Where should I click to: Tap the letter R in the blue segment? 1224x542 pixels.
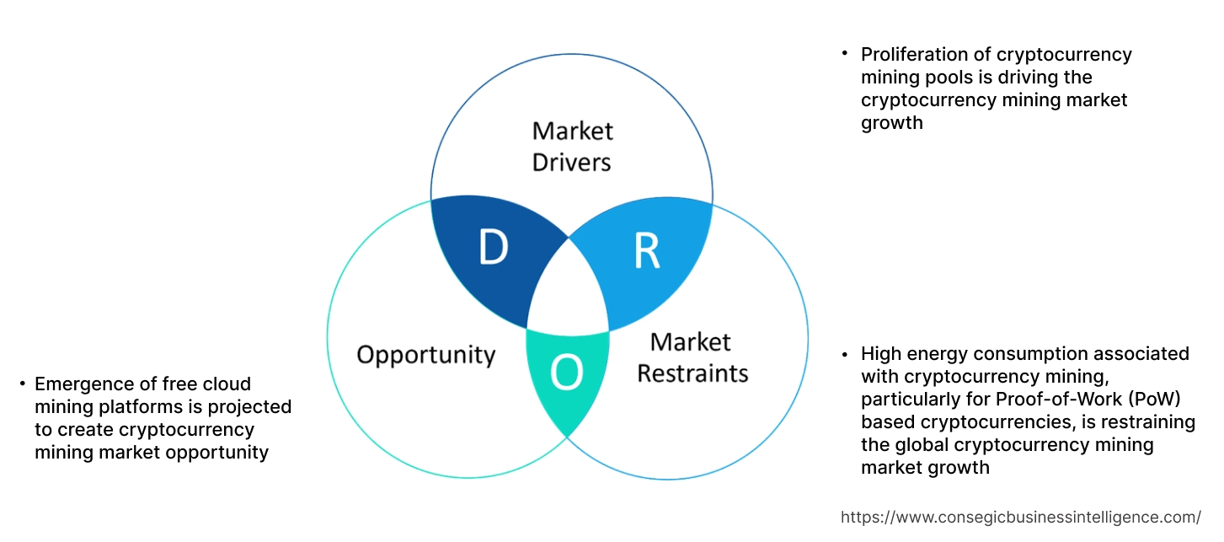click(647, 251)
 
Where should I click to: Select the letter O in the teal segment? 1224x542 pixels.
click(566, 373)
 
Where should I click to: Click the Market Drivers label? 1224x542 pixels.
click(572, 146)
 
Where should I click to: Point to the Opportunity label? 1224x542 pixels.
click(425, 354)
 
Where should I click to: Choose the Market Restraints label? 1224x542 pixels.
click(692, 357)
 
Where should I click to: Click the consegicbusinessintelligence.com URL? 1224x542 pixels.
click(1021, 517)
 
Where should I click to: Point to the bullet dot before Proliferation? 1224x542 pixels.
click(844, 54)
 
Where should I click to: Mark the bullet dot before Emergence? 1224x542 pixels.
click(23, 384)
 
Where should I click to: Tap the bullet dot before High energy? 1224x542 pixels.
click(844, 354)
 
